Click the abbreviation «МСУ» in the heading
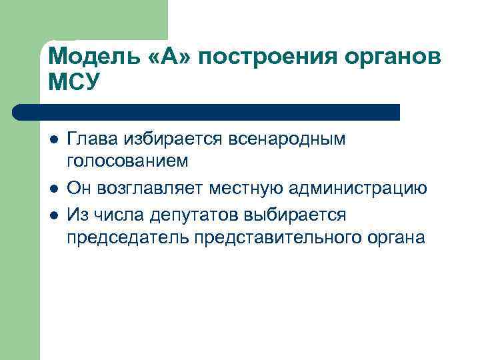click(74, 82)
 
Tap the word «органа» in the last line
click(393, 238)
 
